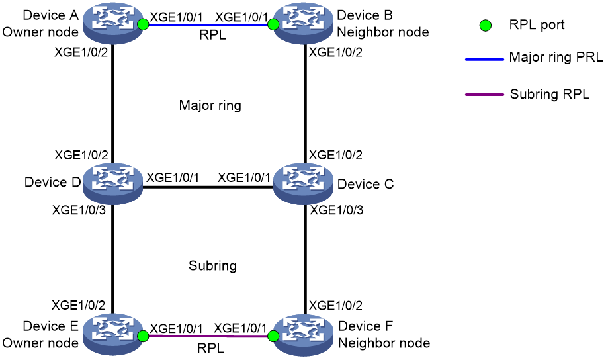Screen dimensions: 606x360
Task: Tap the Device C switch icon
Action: tap(304, 184)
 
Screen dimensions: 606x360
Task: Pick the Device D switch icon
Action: tap(112, 184)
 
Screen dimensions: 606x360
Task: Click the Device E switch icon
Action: tap(112, 334)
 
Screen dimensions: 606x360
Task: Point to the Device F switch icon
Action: tap(304, 334)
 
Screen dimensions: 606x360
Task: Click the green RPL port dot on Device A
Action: tap(143, 24)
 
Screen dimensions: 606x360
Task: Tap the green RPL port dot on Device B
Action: tap(273, 24)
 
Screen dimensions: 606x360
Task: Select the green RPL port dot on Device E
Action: tap(143, 336)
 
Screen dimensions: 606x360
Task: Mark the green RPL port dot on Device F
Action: tap(273, 336)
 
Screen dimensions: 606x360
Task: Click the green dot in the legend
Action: tap(486, 26)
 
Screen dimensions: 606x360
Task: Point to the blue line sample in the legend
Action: tap(485, 59)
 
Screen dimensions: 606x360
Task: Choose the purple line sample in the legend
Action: tap(485, 95)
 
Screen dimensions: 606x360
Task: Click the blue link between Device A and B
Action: tap(208, 25)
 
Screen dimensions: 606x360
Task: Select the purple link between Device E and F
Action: tap(208, 336)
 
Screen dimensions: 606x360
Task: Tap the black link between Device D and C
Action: tap(208, 187)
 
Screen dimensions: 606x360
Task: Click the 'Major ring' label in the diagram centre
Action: tap(210, 105)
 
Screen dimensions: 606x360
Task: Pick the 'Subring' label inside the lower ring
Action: tap(212, 265)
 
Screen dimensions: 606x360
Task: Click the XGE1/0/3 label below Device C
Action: tap(336, 210)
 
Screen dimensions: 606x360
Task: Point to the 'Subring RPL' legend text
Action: tap(550, 94)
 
